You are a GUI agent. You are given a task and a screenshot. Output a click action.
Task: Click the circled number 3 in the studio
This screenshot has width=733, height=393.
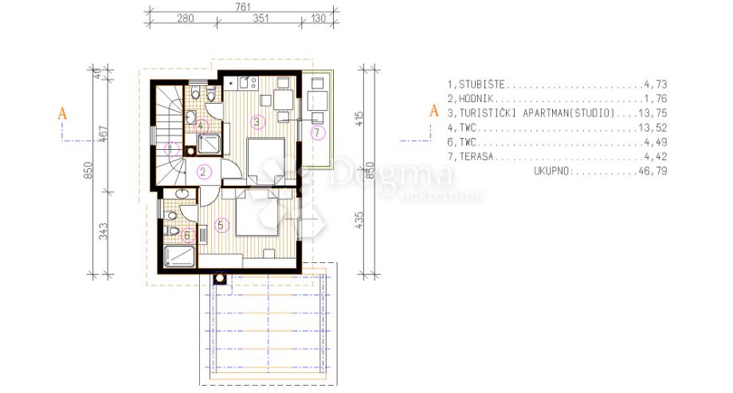click(x=257, y=123)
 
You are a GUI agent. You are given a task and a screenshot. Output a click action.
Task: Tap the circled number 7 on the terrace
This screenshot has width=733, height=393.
click(x=317, y=133)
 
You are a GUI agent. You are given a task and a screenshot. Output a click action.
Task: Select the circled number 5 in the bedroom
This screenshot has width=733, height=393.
click(x=221, y=226)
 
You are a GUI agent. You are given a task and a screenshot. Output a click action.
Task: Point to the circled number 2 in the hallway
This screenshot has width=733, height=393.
click(x=203, y=172)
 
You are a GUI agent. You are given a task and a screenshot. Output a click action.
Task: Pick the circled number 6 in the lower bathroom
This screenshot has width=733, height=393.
click(x=188, y=235)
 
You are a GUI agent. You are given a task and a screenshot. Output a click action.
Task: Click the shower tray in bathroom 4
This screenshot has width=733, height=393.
click(x=210, y=143)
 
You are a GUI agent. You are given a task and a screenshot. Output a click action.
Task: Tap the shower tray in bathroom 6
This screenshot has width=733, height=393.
click(x=179, y=257)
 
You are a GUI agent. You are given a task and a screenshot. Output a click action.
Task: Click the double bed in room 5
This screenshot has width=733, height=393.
click(x=257, y=214)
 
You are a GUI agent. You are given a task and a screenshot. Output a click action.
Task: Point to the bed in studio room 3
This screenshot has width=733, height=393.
click(x=265, y=161)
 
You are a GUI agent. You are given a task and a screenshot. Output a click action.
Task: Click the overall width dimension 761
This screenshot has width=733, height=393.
click(x=243, y=7)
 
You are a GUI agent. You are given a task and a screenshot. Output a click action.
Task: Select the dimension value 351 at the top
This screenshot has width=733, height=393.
click(x=261, y=18)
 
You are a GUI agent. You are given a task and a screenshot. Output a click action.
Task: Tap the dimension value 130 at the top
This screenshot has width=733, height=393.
click(x=319, y=18)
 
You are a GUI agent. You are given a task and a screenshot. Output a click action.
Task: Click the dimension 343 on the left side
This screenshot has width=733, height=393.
click(x=104, y=231)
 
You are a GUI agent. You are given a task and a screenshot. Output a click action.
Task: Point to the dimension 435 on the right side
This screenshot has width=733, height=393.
click(x=359, y=220)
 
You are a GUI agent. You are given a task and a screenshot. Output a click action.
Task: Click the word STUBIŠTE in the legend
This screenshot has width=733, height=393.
click(x=481, y=84)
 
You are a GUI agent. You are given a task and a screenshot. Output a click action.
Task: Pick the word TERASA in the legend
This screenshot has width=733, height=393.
click(x=476, y=157)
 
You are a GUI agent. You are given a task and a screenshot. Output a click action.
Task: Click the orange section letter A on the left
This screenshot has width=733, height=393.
click(x=62, y=113)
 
